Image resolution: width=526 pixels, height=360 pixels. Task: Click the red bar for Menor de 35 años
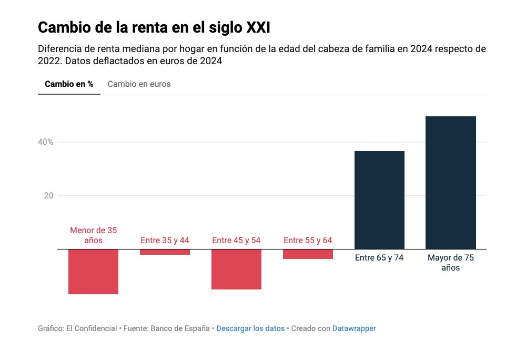pyautogui.click(x=93, y=272)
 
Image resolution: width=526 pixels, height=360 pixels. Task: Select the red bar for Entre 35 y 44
pyautogui.click(x=165, y=252)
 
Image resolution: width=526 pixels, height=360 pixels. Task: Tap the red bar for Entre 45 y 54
pyautogui.click(x=236, y=269)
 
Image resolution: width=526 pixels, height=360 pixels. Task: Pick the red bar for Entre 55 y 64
pyautogui.click(x=308, y=254)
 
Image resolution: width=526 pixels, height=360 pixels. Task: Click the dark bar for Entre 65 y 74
pyautogui.click(x=379, y=200)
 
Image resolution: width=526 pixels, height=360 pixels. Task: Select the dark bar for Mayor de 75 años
pyautogui.click(x=451, y=183)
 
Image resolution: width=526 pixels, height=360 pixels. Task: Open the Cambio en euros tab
pyautogui.click(x=139, y=84)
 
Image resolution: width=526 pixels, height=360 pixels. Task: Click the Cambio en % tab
pyautogui.click(x=69, y=84)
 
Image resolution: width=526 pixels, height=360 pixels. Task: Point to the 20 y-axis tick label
pyautogui.click(x=48, y=196)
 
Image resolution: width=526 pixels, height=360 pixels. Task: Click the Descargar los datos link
pyautogui.click(x=250, y=328)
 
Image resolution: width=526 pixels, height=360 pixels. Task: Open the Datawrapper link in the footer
pyautogui.click(x=354, y=328)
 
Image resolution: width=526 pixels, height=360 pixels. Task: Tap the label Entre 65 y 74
pyautogui.click(x=379, y=258)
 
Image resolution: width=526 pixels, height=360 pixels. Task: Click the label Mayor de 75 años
pyautogui.click(x=451, y=263)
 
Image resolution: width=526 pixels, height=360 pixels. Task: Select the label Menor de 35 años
pyautogui.click(x=93, y=235)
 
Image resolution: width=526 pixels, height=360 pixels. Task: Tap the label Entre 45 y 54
pyautogui.click(x=236, y=241)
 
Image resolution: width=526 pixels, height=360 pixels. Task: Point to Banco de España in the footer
pyautogui.click(x=180, y=328)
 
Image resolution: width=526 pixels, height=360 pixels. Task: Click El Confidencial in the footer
pyautogui.click(x=92, y=328)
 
